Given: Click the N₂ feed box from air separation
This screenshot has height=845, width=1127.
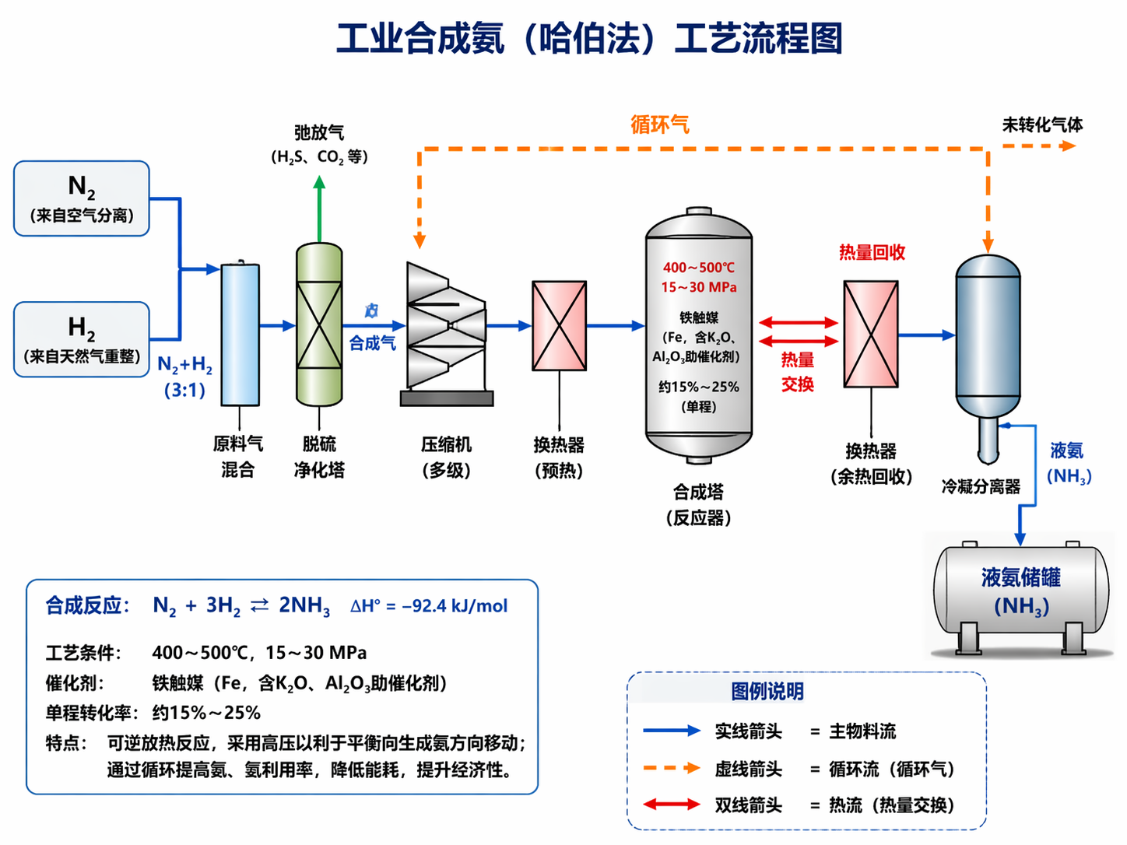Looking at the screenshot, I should (x=82, y=198).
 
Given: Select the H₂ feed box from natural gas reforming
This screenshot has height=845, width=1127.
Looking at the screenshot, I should (x=82, y=339).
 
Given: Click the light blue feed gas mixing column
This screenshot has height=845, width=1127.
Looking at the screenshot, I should (x=240, y=335).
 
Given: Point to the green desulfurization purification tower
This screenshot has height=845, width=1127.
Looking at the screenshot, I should (x=319, y=324).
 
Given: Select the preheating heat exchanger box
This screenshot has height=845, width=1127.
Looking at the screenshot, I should (x=559, y=326).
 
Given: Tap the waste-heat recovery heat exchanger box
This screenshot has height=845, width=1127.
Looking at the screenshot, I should (x=871, y=335).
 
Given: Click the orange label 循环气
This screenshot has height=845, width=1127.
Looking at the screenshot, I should (x=659, y=124).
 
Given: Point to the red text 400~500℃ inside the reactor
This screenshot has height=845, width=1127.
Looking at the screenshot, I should (x=698, y=268).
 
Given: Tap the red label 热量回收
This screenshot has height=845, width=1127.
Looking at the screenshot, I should (x=872, y=252).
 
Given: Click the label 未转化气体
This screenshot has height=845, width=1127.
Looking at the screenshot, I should (x=1042, y=124).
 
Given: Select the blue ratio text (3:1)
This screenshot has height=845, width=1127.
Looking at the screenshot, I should (x=184, y=391).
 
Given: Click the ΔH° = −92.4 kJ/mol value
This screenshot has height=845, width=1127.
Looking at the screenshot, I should (x=429, y=606).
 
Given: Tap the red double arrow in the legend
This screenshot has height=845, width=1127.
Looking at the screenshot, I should (x=672, y=805).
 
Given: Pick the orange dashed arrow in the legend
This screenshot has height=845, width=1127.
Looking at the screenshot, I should (x=672, y=769).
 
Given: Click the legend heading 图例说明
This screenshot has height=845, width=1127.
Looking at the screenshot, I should (x=767, y=691).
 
